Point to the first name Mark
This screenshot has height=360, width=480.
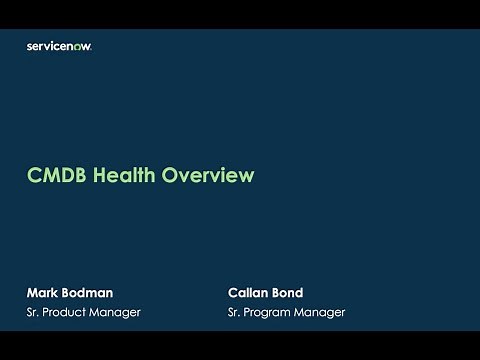[43, 293]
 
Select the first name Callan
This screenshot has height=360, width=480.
[250, 293]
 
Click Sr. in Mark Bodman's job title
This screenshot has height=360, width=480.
[33, 313]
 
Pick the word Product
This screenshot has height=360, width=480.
[67, 313]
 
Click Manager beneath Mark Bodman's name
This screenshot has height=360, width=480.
[117, 313]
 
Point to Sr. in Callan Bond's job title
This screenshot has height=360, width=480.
[236, 313]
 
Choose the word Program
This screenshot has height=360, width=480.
[272, 313]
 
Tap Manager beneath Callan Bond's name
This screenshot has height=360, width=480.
[322, 313]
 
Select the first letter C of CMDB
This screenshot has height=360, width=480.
[32, 176]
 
